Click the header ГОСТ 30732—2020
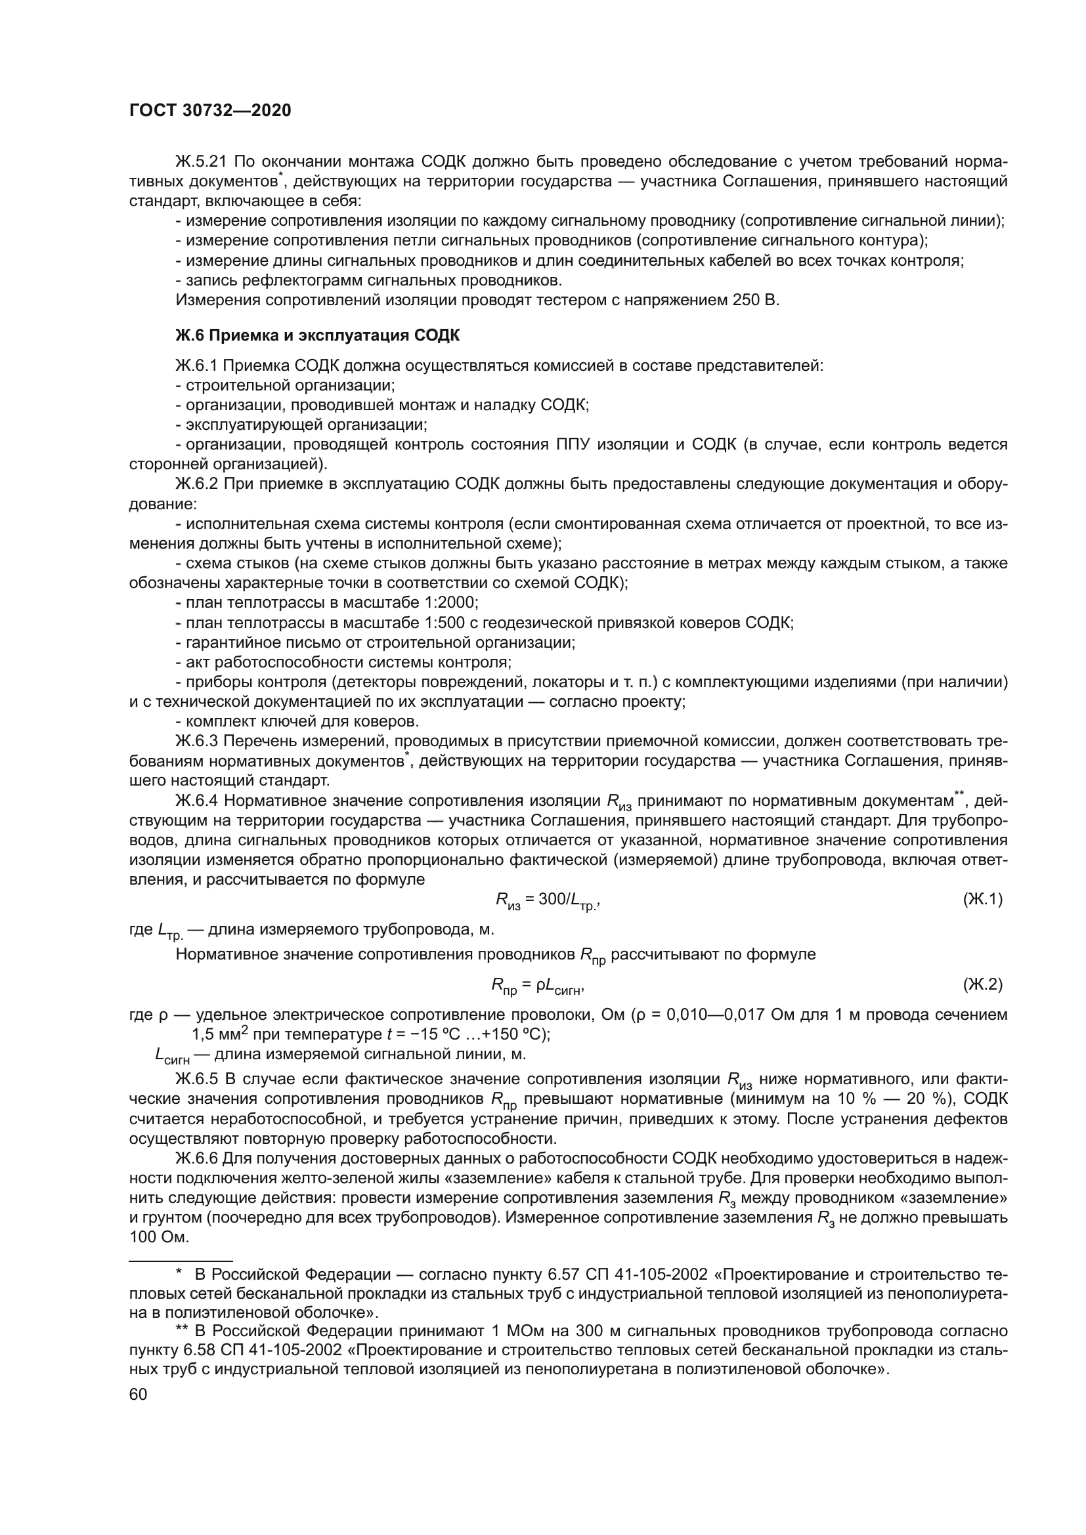tap(210, 111)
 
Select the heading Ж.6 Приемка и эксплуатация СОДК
tap(318, 335)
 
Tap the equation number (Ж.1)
tap(982, 899)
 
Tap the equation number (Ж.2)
tap(982, 984)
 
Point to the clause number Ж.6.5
tap(197, 1078)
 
